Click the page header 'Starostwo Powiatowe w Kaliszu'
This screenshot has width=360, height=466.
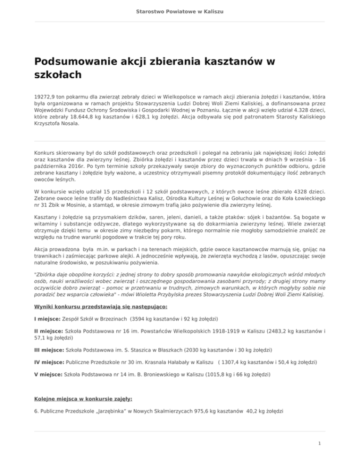pos(180,10)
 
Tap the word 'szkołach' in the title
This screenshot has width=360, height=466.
pos(58,75)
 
